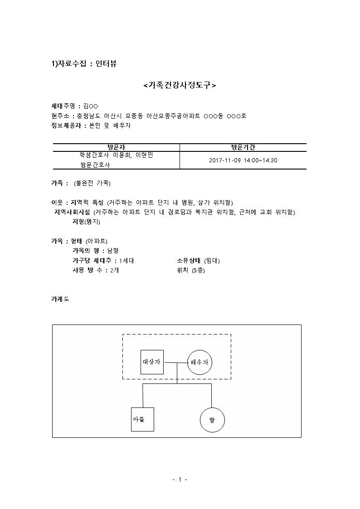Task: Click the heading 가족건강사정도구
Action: (180, 85)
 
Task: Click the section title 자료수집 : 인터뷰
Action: (87, 63)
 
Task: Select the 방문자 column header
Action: (116, 147)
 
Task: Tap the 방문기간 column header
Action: (243, 147)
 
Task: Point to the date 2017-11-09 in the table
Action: (225, 160)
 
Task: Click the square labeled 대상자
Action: (152, 362)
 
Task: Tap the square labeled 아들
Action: (142, 419)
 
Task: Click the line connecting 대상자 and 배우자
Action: (175, 362)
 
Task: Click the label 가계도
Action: (60, 299)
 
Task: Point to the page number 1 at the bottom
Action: (180, 480)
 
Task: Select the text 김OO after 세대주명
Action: (91, 106)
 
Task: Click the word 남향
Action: (113, 251)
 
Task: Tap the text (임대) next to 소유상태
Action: (212, 261)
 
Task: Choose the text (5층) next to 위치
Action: (198, 271)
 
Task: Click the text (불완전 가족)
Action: (92, 184)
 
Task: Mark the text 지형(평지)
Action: (86, 222)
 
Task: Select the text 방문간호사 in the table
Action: (95, 165)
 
